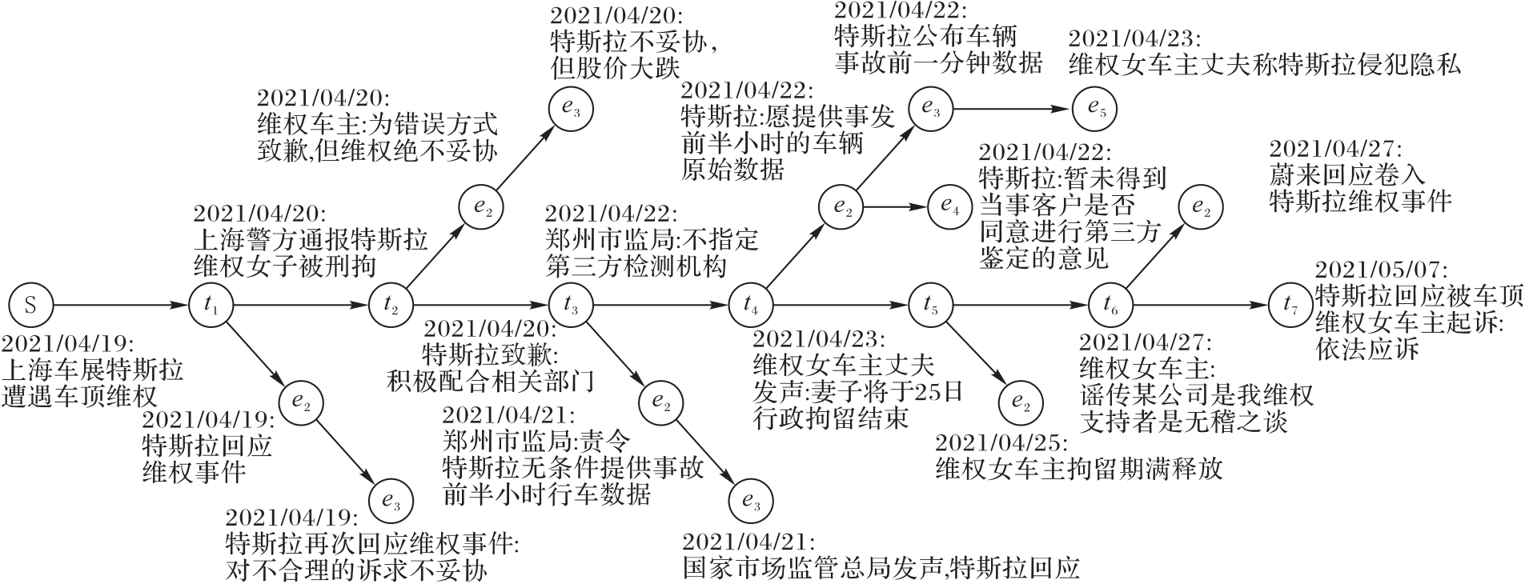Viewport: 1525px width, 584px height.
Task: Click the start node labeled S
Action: coord(30,305)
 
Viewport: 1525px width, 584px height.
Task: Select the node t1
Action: coord(211,305)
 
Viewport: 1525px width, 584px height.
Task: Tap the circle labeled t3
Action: coord(570,305)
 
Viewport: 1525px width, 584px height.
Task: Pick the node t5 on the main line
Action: coord(929,305)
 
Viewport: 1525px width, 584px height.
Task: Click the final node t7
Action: coord(1290,305)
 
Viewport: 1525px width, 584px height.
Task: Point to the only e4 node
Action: coord(949,206)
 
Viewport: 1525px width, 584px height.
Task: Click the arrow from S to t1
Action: coord(120,305)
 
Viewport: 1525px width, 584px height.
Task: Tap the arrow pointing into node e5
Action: coord(1013,108)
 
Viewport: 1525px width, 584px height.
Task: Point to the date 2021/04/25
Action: coord(1001,443)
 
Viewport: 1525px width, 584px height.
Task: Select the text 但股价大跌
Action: coord(614,69)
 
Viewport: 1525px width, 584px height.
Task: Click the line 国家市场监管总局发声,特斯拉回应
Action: coord(881,568)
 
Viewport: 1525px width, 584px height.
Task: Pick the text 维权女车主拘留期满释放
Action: coord(1079,469)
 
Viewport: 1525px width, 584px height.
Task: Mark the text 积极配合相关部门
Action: coord(490,380)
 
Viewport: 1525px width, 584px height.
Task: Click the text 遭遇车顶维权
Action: coord(79,396)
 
